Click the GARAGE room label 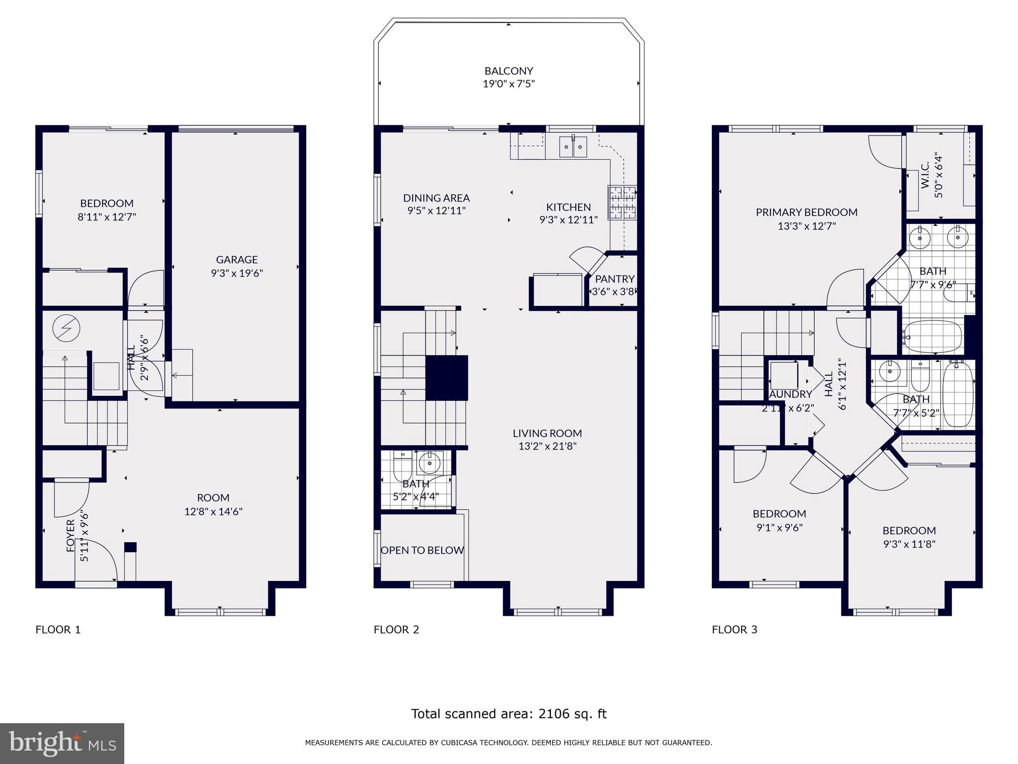pos(237,259)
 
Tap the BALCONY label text pos(509,71)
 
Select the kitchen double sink pos(573,146)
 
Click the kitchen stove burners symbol pos(622,201)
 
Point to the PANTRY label pos(614,279)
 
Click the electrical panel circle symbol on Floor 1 pos(66,329)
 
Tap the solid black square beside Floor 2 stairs pos(447,378)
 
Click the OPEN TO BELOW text pos(422,550)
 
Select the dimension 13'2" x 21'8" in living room pos(547,446)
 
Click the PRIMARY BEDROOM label pos(806,212)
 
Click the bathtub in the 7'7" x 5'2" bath pos(958,394)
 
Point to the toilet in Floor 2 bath pos(401,466)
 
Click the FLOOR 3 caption pos(734,630)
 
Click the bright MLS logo pos(62,743)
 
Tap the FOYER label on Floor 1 pos(71,535)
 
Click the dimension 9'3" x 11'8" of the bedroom pos(909,544)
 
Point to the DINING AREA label pos(436,198)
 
